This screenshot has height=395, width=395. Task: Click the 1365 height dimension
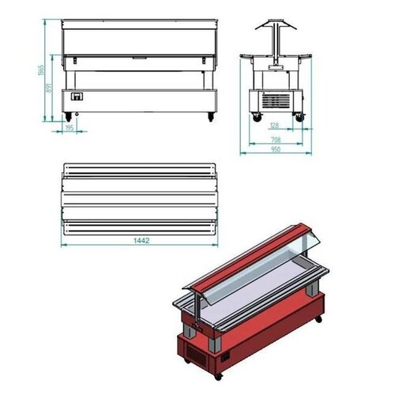click(40, 72)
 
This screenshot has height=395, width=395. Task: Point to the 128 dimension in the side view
click(275, 126)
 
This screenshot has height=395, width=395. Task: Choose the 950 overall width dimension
click(275, 150)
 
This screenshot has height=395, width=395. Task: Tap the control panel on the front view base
click(77, 99)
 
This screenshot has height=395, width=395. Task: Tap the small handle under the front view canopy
click(139, 58)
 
